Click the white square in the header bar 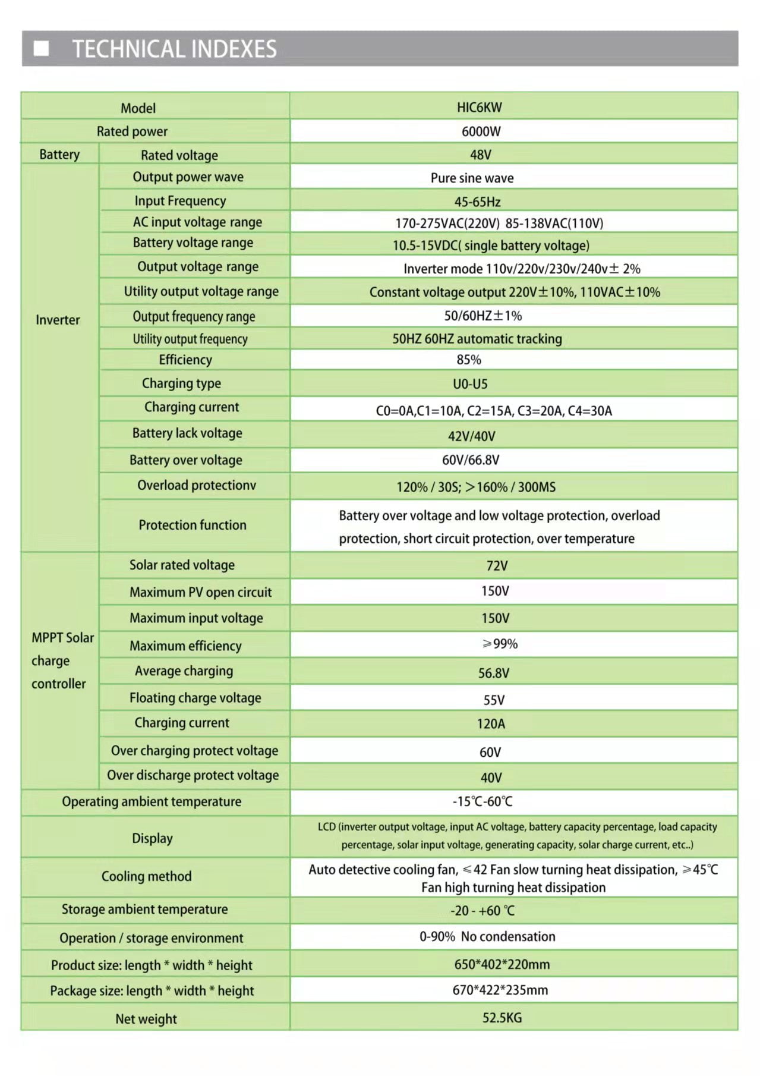click(41, 48)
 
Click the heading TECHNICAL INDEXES click(174, 49)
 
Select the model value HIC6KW click(479, 108)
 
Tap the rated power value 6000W click(481, 131)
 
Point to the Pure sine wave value click(472, 178)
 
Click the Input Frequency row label click(180, 201)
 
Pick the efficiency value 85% click(468, 360)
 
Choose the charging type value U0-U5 click(470, 384)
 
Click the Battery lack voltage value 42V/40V click(471, 436)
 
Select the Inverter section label click(58, 320)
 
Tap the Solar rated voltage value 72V click(497, 566)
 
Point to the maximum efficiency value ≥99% click(500, 644)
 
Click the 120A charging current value click(491, 724)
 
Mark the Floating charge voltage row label click(195, 698)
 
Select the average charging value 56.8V click(493, 673)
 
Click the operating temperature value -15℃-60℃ click(483, 801)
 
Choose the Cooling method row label click(146, 876)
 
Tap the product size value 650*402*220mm click(502, 964)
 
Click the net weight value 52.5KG click(502, 1018)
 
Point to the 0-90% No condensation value click(487, 937)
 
